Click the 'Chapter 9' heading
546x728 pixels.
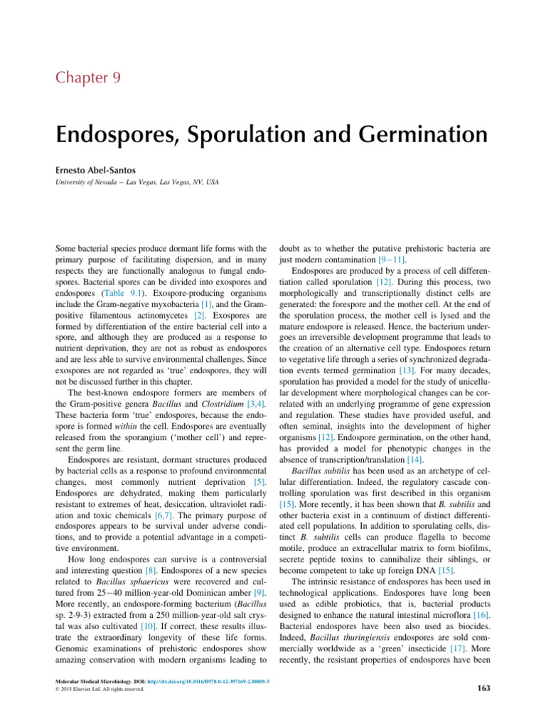click(89, 77)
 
